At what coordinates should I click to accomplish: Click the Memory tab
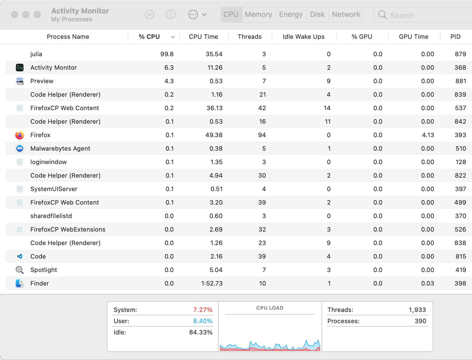(258, 14)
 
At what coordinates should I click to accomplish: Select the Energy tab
(291, 14)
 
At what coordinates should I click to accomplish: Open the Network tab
(346, 14)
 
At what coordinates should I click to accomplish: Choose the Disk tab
(317, 14)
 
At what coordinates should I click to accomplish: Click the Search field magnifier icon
(382, 15)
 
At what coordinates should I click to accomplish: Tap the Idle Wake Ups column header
(303, 37)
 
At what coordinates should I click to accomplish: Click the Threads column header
(250, 37)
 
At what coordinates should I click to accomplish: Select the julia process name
(36, 54)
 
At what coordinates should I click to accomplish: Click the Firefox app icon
(20, 135)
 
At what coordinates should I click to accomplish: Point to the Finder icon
(20, 284)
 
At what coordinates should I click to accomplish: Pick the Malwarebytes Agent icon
(20, 149)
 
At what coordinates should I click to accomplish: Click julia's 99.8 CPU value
(167, 54)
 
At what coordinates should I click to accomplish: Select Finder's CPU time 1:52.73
(212, 284)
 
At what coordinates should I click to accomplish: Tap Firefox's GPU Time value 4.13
(428, 135)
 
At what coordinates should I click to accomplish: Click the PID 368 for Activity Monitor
(460, 68)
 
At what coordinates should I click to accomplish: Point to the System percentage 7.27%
(203, 310)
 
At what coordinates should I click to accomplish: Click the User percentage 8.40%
(203, 321)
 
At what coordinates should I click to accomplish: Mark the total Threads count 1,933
(417, 310)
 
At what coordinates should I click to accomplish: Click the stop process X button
(149, 14)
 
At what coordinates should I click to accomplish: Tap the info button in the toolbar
(170, 14)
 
